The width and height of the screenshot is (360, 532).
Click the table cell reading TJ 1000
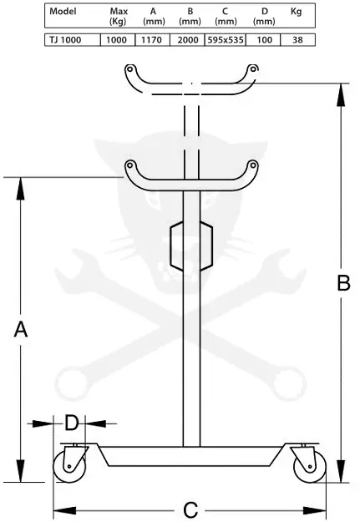pos(65,40)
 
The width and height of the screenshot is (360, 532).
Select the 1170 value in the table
pos(151,40)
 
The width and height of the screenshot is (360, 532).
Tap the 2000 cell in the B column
pos(188,40)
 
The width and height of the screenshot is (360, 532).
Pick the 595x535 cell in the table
pos(226,40)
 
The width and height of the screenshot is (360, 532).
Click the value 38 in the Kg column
pos(297,40)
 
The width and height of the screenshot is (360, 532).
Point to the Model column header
pos(63,11)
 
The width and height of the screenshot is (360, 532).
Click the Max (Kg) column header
pos(119,16)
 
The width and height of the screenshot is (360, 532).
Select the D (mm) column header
pos(264,16)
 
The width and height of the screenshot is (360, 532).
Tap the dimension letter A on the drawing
pos(21,329)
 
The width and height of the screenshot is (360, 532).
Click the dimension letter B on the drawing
pos(343,283)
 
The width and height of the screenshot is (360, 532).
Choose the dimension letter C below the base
pos(190,510)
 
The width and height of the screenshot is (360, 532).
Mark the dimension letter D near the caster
pos(71,423)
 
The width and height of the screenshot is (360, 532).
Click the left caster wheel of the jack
pos(68,467)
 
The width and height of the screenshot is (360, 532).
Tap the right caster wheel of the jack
pos(310,467)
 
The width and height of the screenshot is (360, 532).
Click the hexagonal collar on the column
pos(191,246)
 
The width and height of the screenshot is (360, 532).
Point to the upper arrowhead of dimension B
pos(341,95)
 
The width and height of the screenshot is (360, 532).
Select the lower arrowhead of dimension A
pos(21,470)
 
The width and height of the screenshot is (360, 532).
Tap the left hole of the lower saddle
pos(129,166)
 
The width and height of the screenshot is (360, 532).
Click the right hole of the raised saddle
pos(252,68)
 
